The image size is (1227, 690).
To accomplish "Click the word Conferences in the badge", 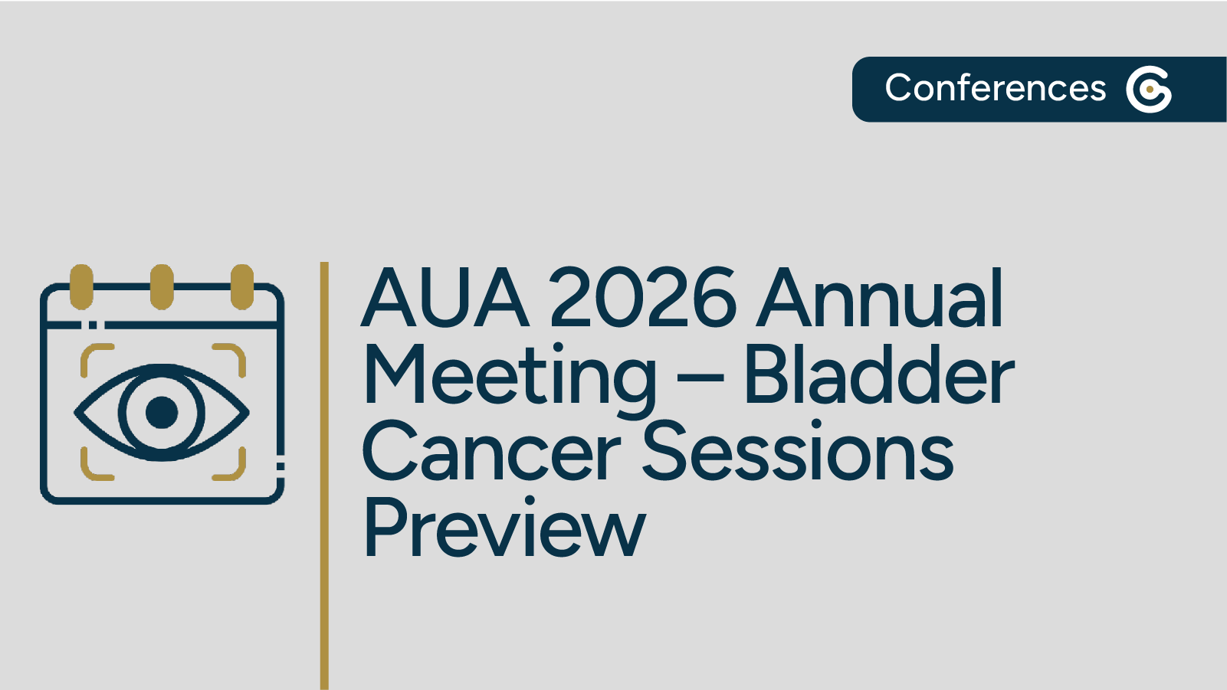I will [995, 88].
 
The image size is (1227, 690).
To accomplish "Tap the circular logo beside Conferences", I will [1148, 90].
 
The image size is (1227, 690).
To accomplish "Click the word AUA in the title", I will [445, 299].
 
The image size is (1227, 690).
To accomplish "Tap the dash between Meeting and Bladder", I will [700, 378].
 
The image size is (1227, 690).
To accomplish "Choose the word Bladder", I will [878, 375].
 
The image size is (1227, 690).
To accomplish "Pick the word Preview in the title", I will [504, 528].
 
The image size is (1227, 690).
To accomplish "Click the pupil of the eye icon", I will [162, 412].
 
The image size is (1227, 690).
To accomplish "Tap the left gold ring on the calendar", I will [81, 287].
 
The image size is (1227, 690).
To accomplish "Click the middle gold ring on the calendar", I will [162, 287].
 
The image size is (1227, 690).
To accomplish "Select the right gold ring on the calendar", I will [242, 287].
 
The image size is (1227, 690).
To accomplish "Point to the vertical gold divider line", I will [324, 475].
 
